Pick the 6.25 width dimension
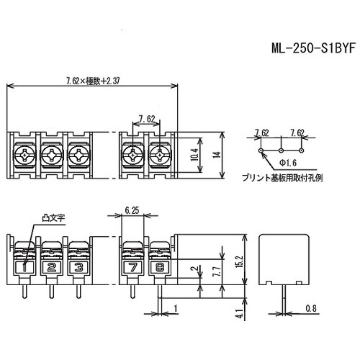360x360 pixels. tap(132, 210)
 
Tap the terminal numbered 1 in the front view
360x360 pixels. tap(26, 267)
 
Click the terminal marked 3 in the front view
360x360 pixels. tap(78, 267)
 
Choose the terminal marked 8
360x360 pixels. tap(158, 267)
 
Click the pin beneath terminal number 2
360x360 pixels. tap(51, 291)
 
